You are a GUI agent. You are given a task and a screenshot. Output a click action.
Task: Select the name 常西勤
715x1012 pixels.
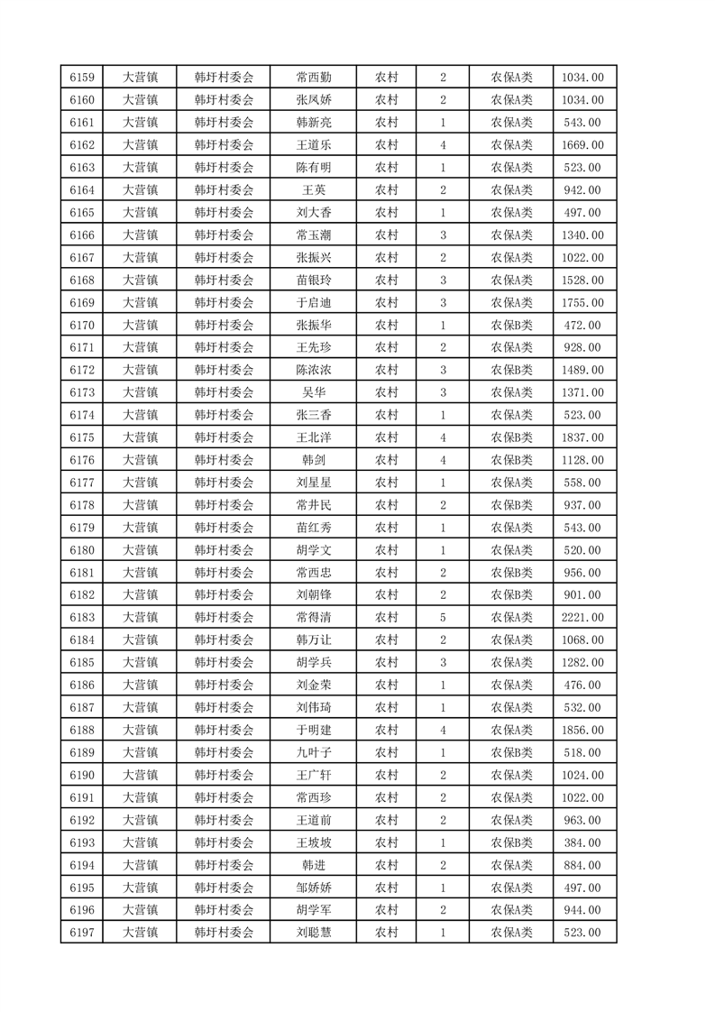(x=313, y=78)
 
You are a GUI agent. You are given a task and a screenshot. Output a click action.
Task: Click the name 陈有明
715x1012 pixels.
(x=313, y=168)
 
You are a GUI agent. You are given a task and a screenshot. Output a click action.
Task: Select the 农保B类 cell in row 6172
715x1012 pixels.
(x=511, y=370)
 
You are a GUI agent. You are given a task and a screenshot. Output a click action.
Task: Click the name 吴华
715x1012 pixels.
(x=313, y=392)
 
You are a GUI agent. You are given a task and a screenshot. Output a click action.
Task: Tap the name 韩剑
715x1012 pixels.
(x=313, y=460)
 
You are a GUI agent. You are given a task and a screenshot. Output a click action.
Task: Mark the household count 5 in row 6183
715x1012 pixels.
(x=443, y=617)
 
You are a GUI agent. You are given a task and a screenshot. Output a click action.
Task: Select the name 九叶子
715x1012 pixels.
(x=313, y=752)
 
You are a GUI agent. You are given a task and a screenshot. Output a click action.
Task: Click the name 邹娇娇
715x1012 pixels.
(x=313, y=888)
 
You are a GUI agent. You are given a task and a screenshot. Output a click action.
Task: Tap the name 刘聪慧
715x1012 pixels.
(x=313, y=933)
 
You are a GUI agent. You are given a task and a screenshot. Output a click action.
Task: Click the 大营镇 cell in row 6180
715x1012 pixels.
(x=140, y=550)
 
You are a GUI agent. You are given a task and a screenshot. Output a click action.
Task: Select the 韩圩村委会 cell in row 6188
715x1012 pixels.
(x=224, y=730)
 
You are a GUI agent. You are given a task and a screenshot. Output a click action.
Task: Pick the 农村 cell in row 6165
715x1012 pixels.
(x=386, y=213)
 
